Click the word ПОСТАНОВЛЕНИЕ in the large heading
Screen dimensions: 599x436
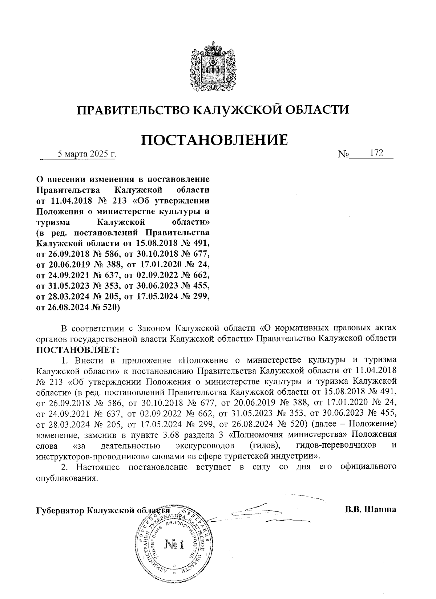pyautogui.click(x=214, y=140)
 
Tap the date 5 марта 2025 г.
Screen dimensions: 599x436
pyautogui.click(x=88, y=154)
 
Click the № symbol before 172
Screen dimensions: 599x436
pyautogui.click(x=343, y=155)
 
